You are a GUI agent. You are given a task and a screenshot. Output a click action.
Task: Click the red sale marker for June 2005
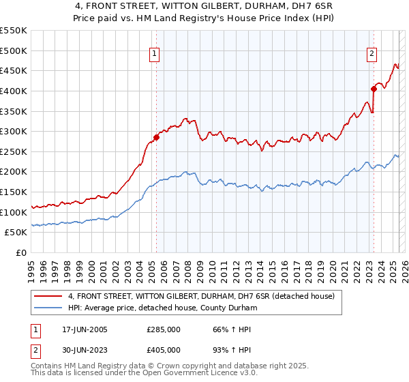(156, 137)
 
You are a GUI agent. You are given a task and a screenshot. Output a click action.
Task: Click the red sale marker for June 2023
(374, 89)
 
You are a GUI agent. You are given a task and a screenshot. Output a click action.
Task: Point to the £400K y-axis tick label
(13, 91)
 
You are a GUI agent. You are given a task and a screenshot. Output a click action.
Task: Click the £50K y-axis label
(16, 233)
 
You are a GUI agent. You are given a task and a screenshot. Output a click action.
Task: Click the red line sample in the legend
(48, 297)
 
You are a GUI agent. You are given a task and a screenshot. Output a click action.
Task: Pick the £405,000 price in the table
(164, 349)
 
